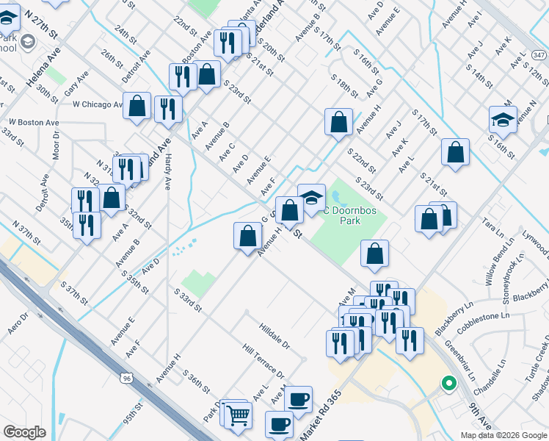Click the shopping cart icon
[239, 415]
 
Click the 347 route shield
[539, 55]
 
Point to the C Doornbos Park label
[357, 211]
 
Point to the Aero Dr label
[18, 323]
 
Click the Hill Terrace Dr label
[263, 361]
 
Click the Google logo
[26, 432]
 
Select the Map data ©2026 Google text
[503, 435]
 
